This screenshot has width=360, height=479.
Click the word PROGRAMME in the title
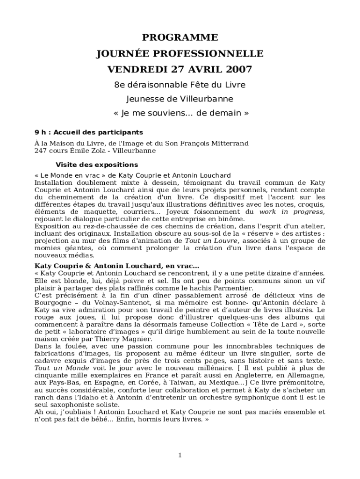coord(180,37)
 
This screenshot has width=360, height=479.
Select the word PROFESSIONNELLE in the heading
coord(212,53)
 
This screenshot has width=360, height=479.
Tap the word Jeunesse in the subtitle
coord(144,99)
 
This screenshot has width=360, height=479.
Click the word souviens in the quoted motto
coord(173,113)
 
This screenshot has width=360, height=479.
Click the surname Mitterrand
coord(230,143)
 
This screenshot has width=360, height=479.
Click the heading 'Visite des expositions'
coord(97,165)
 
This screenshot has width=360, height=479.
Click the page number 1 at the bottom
coord(180,455)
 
